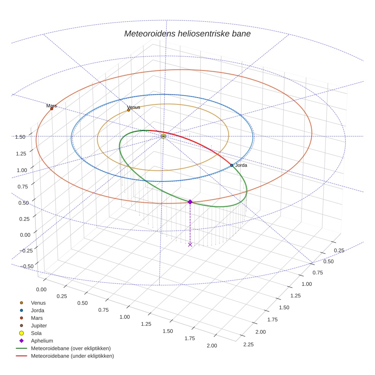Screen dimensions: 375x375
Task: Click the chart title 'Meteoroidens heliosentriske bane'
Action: [187, 34]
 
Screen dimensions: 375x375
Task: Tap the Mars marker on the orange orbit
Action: [51, 109]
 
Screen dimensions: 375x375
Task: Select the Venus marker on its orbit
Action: [128, 110]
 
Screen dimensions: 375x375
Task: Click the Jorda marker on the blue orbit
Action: [232, 165]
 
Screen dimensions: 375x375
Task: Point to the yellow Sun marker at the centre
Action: [163, 136]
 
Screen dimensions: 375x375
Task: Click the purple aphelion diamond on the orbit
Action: [190, 202]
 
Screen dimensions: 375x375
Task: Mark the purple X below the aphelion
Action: [190, 244]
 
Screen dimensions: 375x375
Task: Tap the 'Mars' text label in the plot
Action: [51, 106]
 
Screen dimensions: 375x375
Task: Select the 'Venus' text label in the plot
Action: [134, 107]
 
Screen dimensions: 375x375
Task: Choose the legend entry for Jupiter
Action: [39, 325]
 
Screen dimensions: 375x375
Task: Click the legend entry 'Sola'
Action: [36, 333]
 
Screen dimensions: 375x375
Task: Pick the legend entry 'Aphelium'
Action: [42, 341]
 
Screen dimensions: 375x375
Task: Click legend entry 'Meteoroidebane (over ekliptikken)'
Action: [71, 348]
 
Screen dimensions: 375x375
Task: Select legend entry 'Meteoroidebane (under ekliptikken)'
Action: [72, 356]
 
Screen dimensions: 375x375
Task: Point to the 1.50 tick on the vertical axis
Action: [20, 137]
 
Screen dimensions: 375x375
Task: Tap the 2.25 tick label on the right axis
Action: [248, 345]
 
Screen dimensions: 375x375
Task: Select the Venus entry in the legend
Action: [38, 303]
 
